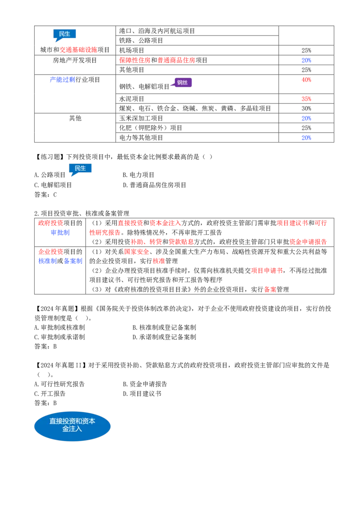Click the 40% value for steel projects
click(x=306, y=80)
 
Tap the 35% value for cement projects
click(x=306, y=98)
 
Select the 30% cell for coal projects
click(x=306, y=108)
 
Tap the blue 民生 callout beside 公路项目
click(x=80, y=169)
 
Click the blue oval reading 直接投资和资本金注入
click(x=72, y=426)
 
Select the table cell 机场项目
click(x=131, y=50)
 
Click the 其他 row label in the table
click(x=75, y=118)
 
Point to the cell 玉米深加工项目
click(x=141, y=118)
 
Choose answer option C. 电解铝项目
click(x=53, y=185)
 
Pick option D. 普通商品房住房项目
click(x=155, y=185)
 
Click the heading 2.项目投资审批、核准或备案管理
click(x=81, y=213)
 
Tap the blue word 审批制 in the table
click(x=60, y=232)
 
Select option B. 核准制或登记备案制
click(x=164, y=327)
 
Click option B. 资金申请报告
click(x=145, y=384)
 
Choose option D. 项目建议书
click(x=142, y=393)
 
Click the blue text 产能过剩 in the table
click(x=63, y=80)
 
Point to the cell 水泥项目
click(x=131, y=98)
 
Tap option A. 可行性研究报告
click(x=59, y=384)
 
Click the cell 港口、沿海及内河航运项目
click(x=157, y=31)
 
